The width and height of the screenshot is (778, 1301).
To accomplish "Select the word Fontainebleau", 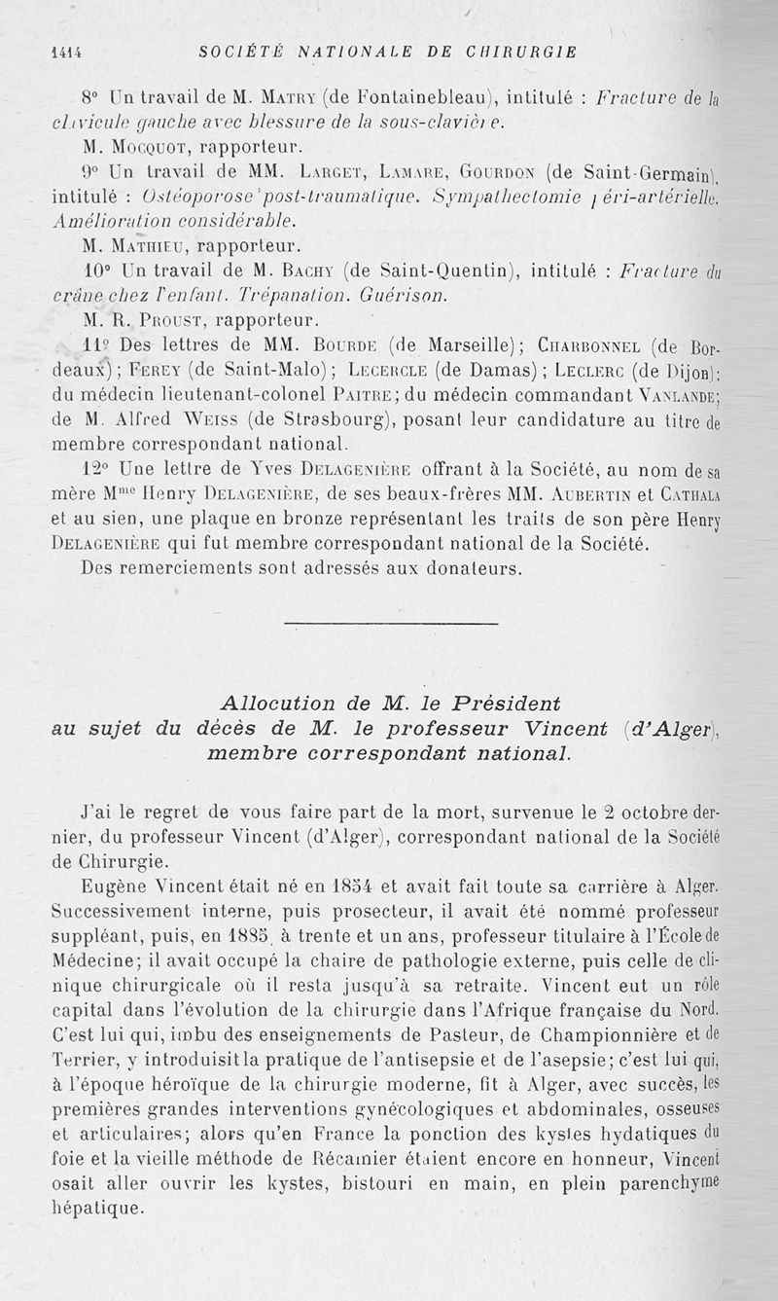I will (x=419, y=97).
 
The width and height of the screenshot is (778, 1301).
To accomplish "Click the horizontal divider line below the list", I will (x=388, y=621).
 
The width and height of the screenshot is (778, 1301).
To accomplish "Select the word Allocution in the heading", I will (x=277, y=704).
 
